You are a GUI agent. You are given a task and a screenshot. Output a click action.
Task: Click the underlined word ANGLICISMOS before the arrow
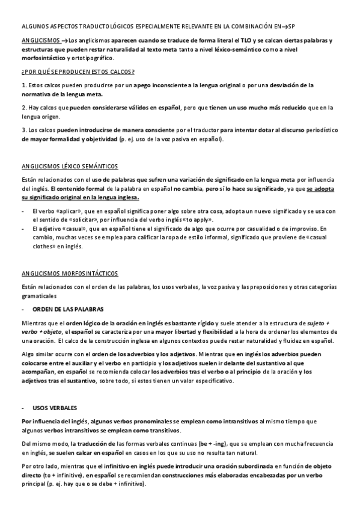[40, 40]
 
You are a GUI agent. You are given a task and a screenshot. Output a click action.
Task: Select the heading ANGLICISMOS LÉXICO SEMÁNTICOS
[69, 166]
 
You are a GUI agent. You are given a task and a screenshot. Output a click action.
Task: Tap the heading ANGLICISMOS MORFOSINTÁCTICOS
[70, 273]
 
